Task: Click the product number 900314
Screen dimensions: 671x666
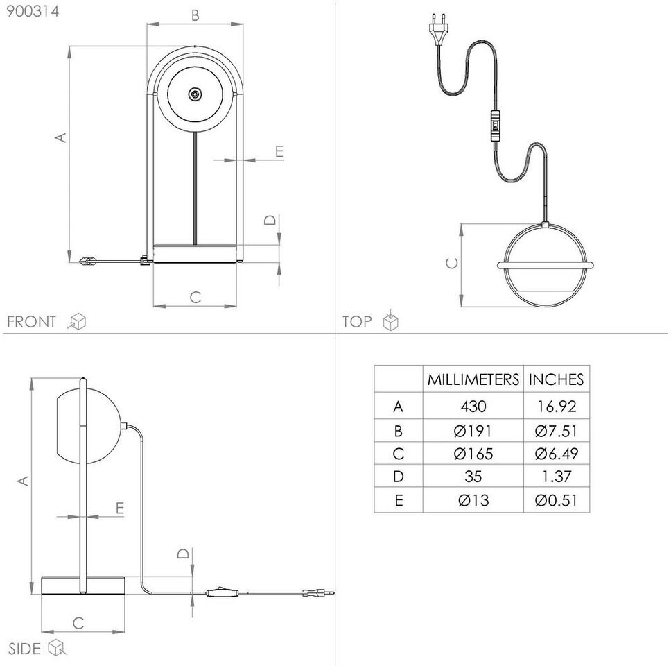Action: tap(33, 11)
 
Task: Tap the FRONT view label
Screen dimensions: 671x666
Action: tap(31, 322)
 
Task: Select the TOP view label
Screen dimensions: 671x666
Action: tap(357, 321)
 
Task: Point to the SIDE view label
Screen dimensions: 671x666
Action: tap(24, 649)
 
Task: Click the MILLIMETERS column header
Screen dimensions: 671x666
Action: tap(473, 379)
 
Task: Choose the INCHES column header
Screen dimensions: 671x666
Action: tap(557, 379)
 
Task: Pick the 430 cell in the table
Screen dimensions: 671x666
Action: tap(473, 406)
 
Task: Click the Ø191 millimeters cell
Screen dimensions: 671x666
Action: tap(473, 431)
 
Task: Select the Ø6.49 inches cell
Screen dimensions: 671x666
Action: tap(557, 454)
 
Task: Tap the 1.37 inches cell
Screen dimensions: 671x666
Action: tap(557, 477)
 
